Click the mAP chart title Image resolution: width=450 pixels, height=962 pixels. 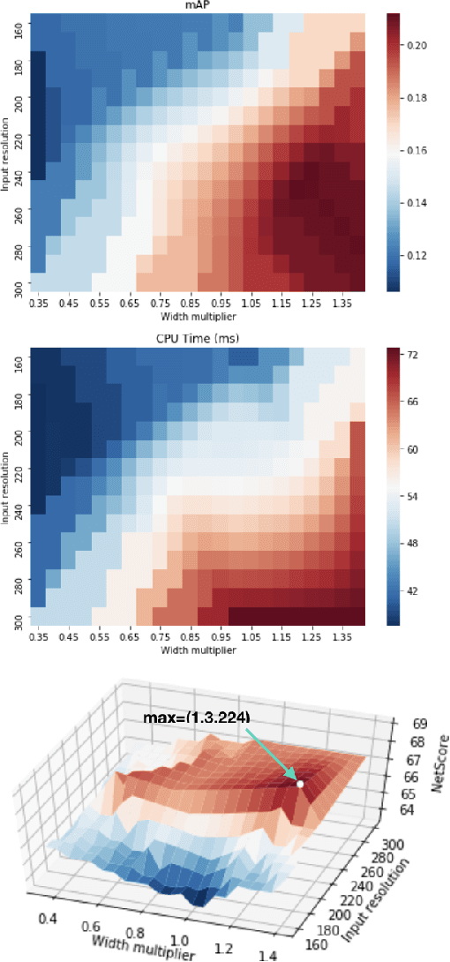[x=198, y=6]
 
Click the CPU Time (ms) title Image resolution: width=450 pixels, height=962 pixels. [x=198, y=338]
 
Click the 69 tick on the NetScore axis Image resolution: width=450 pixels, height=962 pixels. [x=408, y=725]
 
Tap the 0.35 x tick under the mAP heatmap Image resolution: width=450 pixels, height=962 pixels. [x=39, y=302]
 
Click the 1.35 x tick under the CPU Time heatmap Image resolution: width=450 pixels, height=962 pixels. [x=345, y=635]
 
